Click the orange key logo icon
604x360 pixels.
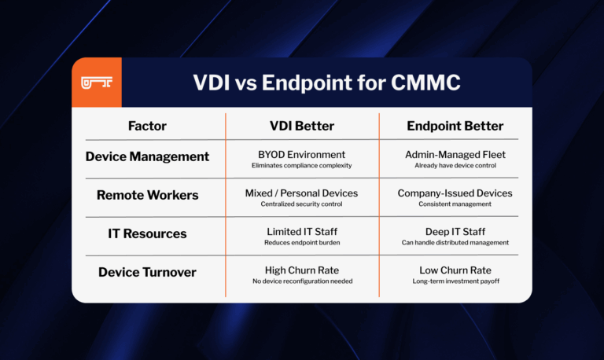pos(97,82)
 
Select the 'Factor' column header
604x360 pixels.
pos(147,126)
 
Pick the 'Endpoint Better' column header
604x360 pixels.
pos(455,126)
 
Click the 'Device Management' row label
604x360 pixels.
pos(147,156)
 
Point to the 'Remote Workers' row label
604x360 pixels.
pos(147,195)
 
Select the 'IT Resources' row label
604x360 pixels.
pos(147,233)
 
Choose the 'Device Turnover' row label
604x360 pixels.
pos(147,272)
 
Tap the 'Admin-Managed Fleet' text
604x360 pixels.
pos(455,154)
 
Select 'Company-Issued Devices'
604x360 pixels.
pos(455,193)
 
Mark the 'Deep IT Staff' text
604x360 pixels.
pos(455,231)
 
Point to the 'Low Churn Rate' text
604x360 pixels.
pos(455,270)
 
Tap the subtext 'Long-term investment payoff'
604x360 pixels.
pos(455,281)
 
